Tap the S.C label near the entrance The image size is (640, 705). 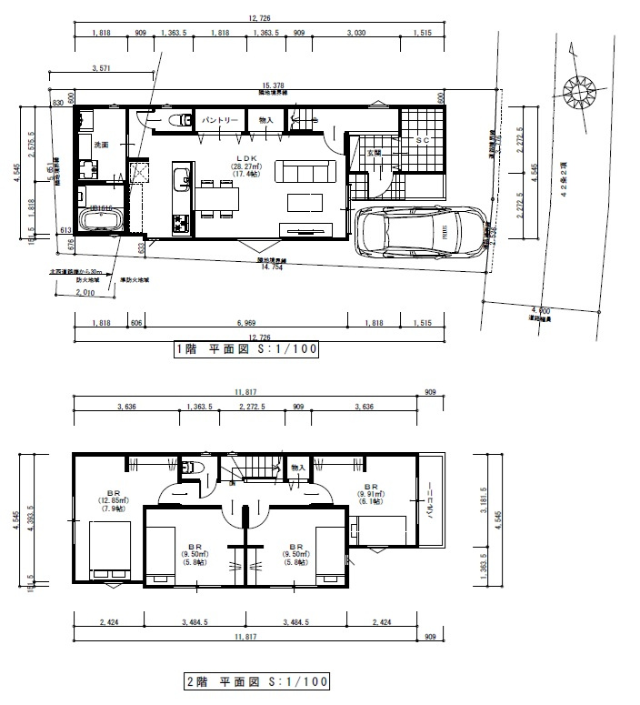[422, 141]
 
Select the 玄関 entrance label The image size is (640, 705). [375, 153]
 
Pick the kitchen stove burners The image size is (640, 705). [179, 221]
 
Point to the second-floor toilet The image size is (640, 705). [189, 467]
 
